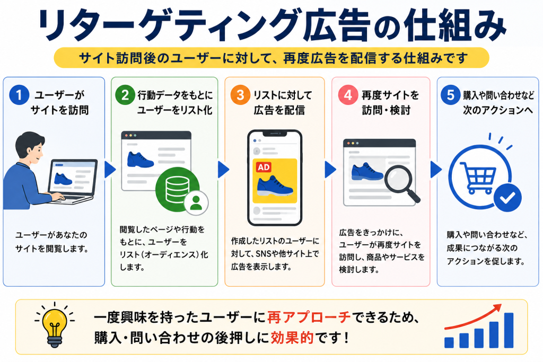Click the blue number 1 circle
[19, 94]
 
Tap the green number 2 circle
[125, 94]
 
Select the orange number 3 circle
[240, 94]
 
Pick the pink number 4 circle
[348, 94]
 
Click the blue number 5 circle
[450, 94]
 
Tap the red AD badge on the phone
[264, 167]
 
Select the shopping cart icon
[478, 178]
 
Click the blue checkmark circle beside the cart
[507, 198]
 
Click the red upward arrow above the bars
[472, 316]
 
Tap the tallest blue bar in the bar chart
[509, 330]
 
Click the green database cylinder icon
[177, 189]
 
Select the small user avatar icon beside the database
[196, 203]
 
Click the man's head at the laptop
[30, 148]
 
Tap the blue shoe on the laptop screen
[63, 179]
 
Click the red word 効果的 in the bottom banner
[292, 338]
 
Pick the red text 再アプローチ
[309, 317]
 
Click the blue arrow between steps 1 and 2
[110, 169]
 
